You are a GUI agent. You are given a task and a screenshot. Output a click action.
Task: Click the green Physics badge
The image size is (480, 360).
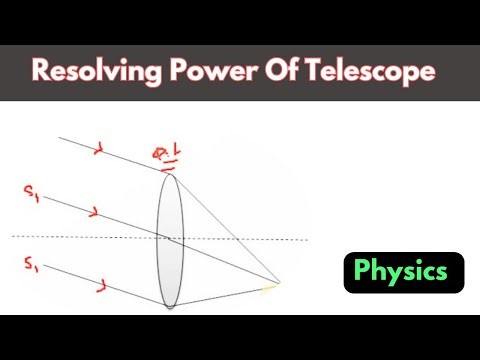pyautogui.click(x=404, y=271)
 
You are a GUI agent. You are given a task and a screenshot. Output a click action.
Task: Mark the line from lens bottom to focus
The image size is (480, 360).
pyautogui.click(x=225, y=294)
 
